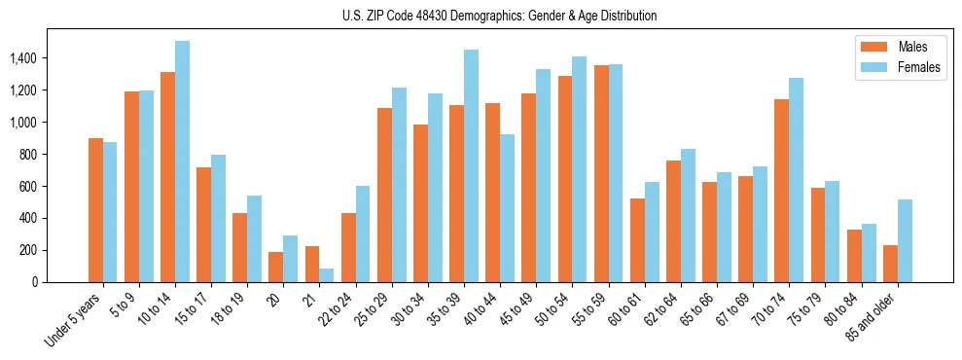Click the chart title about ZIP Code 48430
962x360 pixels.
500,16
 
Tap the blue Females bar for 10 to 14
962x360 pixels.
182,162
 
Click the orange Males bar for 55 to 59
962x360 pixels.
601,173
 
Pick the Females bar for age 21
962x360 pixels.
327,275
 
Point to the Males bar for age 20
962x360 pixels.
276,267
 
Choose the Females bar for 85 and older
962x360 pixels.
905,240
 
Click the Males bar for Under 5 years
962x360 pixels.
95,210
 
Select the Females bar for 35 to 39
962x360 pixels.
471,165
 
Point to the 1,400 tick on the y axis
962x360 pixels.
22,58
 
